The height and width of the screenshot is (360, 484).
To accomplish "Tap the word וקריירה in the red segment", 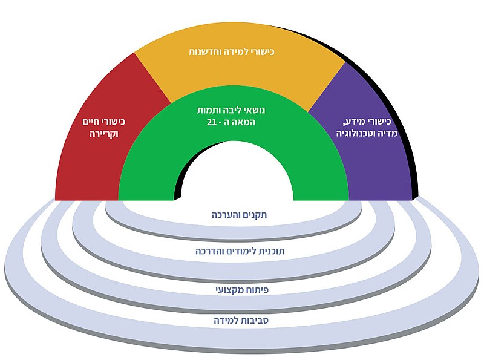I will pos(102,134).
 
